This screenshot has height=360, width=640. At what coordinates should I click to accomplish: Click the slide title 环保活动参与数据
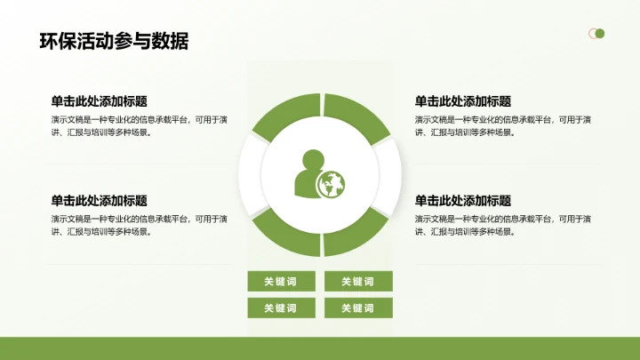point(114,41)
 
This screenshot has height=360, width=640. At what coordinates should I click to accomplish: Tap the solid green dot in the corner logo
point(600,34)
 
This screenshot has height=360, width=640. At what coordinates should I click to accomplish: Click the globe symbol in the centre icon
point(331,184)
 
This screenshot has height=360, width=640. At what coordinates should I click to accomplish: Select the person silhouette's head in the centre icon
point(313,161)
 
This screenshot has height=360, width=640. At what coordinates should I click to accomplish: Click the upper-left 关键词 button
point(281,282)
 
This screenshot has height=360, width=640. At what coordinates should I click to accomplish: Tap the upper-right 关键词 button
point(358,282)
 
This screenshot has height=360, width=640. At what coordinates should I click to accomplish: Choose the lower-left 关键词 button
point(281,308)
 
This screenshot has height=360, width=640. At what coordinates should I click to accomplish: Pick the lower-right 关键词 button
point(358,308)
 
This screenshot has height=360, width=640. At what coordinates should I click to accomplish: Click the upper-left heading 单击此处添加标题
point(100,101)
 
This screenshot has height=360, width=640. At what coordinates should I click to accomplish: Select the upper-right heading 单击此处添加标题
point(463,101)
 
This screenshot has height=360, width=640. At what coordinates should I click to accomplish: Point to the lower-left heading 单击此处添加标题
point(100,201)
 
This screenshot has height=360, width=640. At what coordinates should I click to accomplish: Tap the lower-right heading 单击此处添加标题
point(463,201)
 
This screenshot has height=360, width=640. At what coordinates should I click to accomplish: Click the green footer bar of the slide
point(320,348)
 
